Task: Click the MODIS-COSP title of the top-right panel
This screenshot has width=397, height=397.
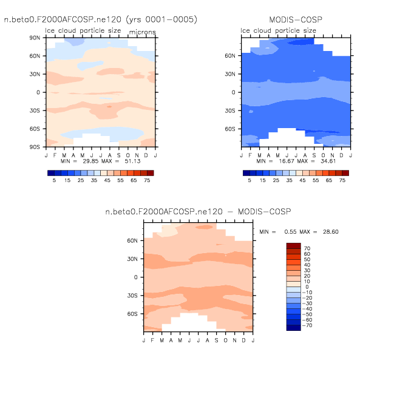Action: point(295,19)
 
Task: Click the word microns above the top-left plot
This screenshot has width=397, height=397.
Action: point(141,32)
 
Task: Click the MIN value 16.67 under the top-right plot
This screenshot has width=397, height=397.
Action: point(281,162)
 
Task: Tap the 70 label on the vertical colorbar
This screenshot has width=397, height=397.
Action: point(307,249)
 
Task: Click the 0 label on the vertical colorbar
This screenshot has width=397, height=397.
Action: point(307,287)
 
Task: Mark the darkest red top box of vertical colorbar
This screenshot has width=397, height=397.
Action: point(294,245)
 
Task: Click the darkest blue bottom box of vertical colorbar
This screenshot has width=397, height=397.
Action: point(294,328)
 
